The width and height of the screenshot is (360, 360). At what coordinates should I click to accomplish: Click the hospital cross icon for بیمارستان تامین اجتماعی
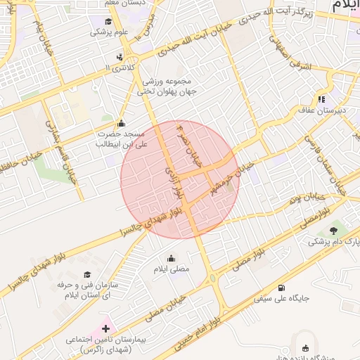(106, 328)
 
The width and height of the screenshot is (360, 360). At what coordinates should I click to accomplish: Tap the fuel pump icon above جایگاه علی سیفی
(282, 288)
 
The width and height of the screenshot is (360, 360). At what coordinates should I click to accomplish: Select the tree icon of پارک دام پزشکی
(333, 230)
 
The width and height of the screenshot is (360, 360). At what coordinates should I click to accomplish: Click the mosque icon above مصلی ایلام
(172, 257)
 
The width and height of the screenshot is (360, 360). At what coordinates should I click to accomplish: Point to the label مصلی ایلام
(172, 269)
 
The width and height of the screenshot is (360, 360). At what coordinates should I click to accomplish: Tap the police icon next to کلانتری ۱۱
(120, 56)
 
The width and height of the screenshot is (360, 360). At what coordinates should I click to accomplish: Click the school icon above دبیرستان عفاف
(321, 100)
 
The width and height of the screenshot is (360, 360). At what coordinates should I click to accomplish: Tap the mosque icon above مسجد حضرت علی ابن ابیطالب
(121, 122)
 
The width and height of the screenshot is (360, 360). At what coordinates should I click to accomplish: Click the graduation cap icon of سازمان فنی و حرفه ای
(87, 275)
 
